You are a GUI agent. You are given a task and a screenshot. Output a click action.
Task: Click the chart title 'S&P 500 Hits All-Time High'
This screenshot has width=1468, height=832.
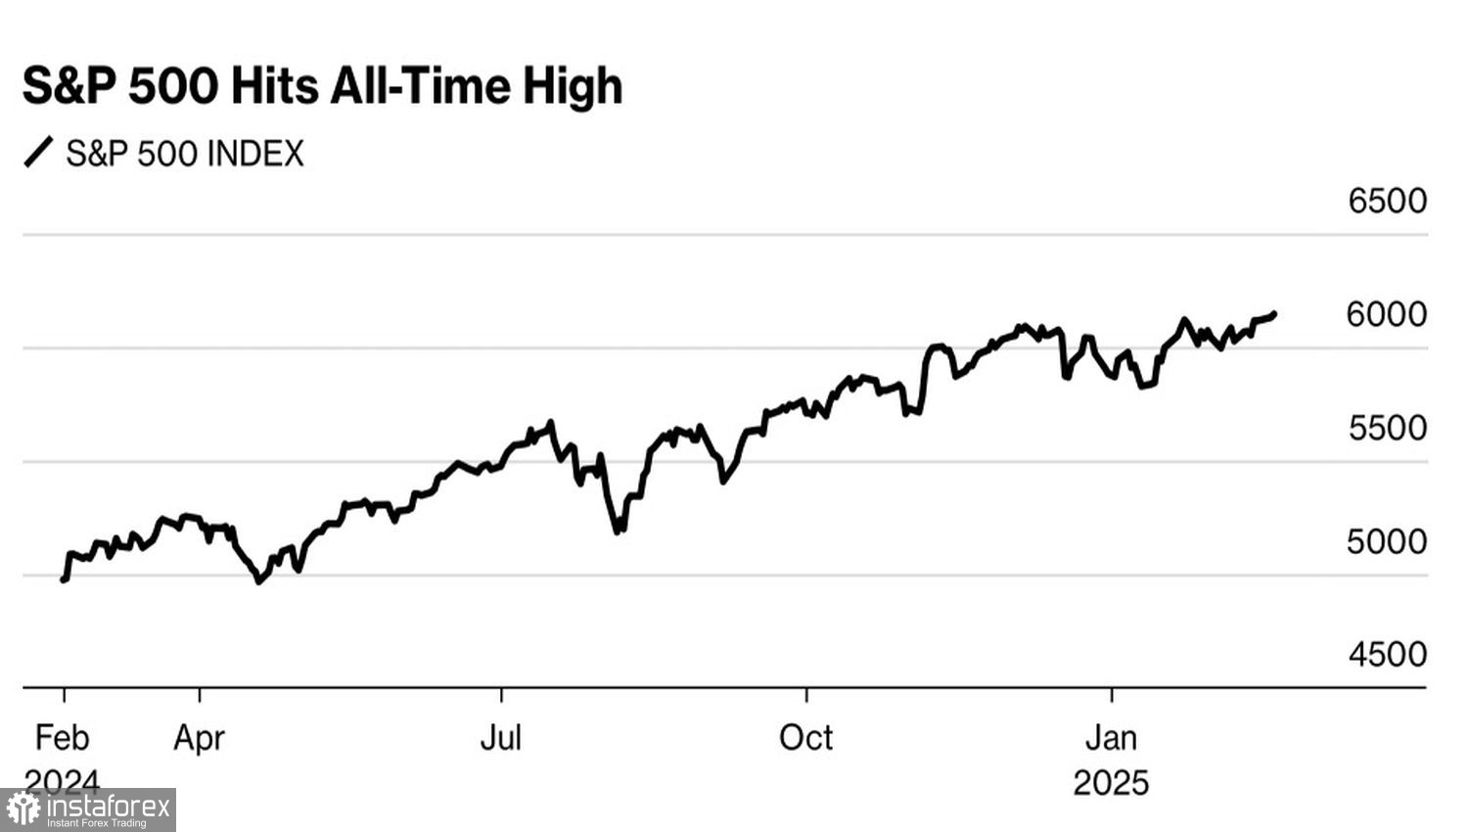coord(322,86)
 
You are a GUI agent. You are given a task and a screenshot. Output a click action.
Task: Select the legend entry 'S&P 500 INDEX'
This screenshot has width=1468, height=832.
coord(185,154)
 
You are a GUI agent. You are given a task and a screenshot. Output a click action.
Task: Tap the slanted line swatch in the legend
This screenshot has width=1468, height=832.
coord(38,153)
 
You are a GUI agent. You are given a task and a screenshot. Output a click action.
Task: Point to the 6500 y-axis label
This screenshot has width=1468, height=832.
coord(1387,201)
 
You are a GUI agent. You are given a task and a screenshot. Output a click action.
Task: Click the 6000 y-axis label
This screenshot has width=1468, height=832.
coord(1387,314)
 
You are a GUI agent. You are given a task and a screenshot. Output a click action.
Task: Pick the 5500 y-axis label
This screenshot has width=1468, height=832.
coord(1387,428)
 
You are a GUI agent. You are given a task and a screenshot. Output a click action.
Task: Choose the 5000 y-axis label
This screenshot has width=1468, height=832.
coord(1387,541)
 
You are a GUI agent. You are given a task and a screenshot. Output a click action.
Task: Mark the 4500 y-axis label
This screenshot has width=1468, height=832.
coord(1387,654)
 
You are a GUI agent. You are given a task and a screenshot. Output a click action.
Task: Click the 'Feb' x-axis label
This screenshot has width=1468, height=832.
coord(62,737)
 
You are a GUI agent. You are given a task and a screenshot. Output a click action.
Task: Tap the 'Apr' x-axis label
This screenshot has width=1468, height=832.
coord(199,737)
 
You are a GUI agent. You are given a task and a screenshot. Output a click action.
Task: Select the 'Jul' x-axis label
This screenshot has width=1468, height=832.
coord(500,737)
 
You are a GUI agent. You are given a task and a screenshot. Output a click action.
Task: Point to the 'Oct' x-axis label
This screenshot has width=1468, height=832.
coord(805,737)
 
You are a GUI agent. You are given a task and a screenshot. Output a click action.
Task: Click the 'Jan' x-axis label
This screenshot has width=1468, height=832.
coord(1111,737)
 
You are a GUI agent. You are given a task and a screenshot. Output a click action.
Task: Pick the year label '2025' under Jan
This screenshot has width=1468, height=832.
coord(1111,783)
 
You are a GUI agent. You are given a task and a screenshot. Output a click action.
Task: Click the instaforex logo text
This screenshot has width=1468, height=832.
coord(108,808)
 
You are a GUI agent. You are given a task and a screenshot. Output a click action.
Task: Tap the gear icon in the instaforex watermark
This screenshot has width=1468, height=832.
coord(23,809)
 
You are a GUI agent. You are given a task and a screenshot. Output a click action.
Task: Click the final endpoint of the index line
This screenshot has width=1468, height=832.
coord(1273,314)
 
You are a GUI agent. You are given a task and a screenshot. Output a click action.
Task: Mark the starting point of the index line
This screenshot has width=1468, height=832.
coord(64,579)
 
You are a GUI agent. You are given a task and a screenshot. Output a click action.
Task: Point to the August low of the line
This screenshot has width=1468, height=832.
coord(618,532)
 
